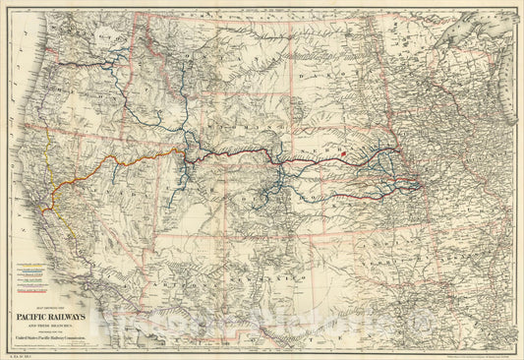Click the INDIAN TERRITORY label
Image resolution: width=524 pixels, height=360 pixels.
[378, 245]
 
